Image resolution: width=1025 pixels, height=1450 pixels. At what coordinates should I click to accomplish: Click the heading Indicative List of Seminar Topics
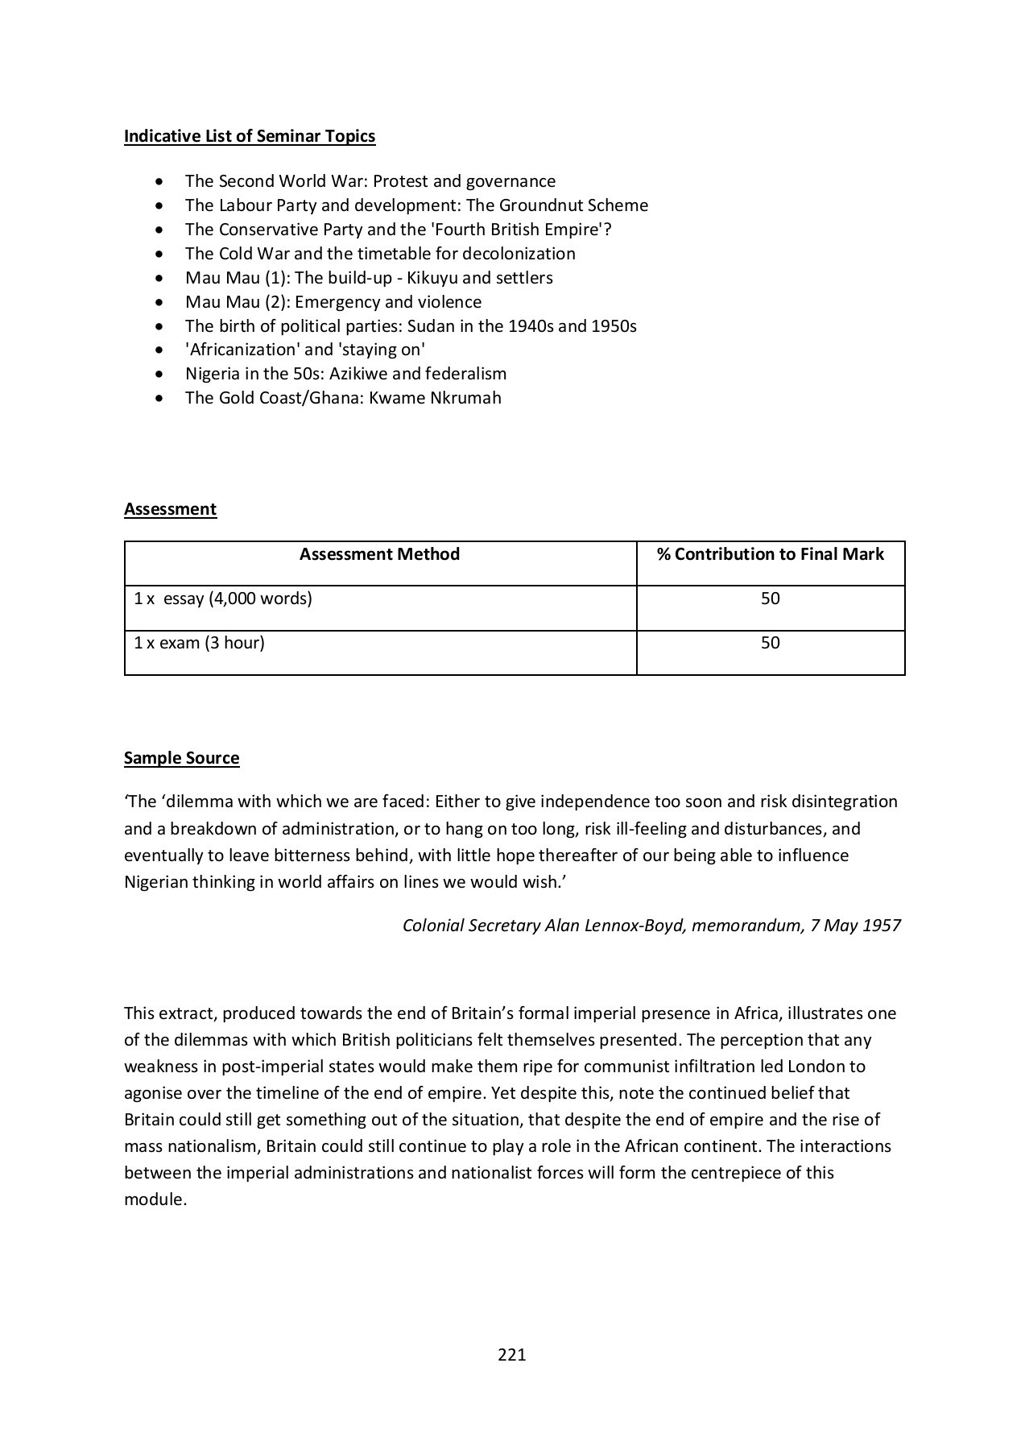[x=250, y=136]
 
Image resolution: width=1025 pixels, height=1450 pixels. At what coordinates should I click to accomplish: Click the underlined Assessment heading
[x=170, y=509]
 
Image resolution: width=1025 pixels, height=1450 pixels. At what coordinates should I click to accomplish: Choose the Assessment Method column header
[x=379, y=554]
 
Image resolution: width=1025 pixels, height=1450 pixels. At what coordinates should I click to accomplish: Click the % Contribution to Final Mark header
[x=770, y=554]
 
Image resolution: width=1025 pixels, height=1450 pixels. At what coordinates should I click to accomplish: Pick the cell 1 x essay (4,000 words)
[x=223, y=599]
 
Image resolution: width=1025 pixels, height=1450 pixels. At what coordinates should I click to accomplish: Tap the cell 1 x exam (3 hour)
[x=199, y=643]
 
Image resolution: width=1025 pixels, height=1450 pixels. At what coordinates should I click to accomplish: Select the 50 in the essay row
[x=770, y=599]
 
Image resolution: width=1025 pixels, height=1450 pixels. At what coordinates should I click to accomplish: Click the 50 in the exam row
[x=770, y=643]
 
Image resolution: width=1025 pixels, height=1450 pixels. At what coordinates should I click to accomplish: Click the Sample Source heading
[x=181, y=758]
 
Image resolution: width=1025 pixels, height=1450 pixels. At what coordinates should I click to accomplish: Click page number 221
[x=511, y=1355]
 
